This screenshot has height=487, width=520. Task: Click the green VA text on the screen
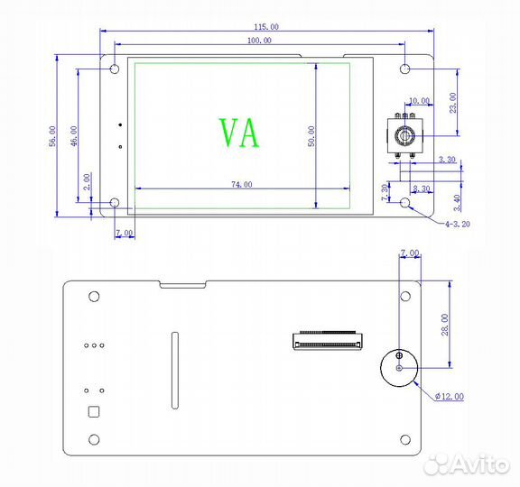click(239, 133)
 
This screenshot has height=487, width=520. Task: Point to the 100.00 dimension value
click(258, 40)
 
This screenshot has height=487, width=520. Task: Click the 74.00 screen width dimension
click(241, 185)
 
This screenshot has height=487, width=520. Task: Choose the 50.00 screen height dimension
click(312, 136)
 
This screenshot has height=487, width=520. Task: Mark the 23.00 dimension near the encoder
click(453, 104)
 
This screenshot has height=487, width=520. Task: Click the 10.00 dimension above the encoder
click(419, 101)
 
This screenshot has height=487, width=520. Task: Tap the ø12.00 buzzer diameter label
click(449, 397)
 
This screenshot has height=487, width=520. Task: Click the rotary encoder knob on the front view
click(405, 136)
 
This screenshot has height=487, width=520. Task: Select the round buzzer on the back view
click(398, 367)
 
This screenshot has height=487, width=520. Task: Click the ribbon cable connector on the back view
click(326, 341)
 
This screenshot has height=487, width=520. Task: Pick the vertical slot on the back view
click(174, 370)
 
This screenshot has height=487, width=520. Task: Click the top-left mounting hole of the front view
click(115, 69)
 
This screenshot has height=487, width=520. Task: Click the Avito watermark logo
click(470, 464)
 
